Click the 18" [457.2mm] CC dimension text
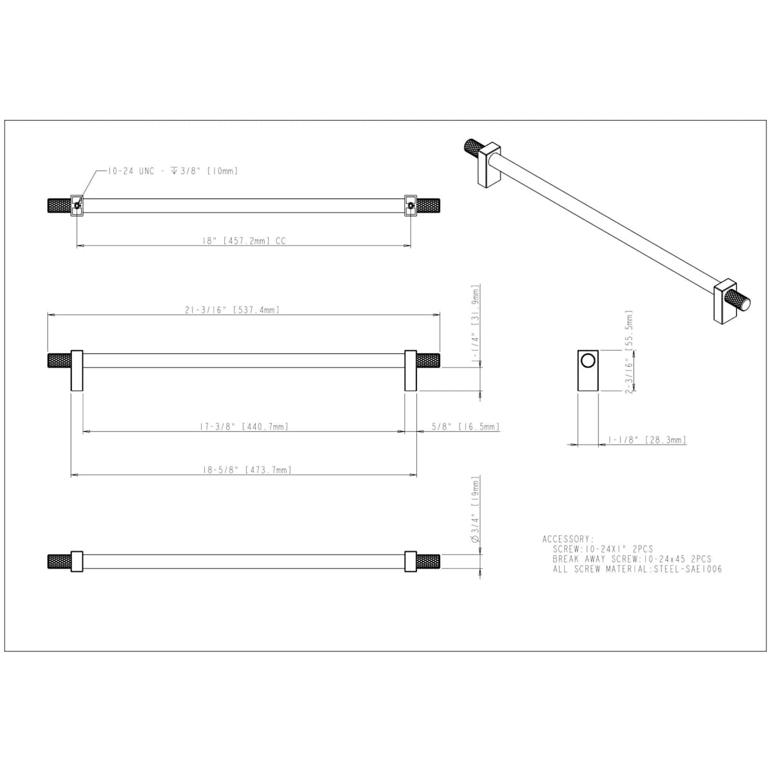coord(244,241)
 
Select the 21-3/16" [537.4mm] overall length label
coord(232,310)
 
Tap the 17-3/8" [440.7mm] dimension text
coord(244,427)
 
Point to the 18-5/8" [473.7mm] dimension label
coord(247,470)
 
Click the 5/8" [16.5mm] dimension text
coord(466,427)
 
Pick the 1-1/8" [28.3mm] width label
coord(647,440)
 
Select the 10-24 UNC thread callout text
coord(173,172)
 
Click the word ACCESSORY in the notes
coord(568,539)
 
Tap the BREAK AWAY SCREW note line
coord(632,559)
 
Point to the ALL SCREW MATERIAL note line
coord(637,569)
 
